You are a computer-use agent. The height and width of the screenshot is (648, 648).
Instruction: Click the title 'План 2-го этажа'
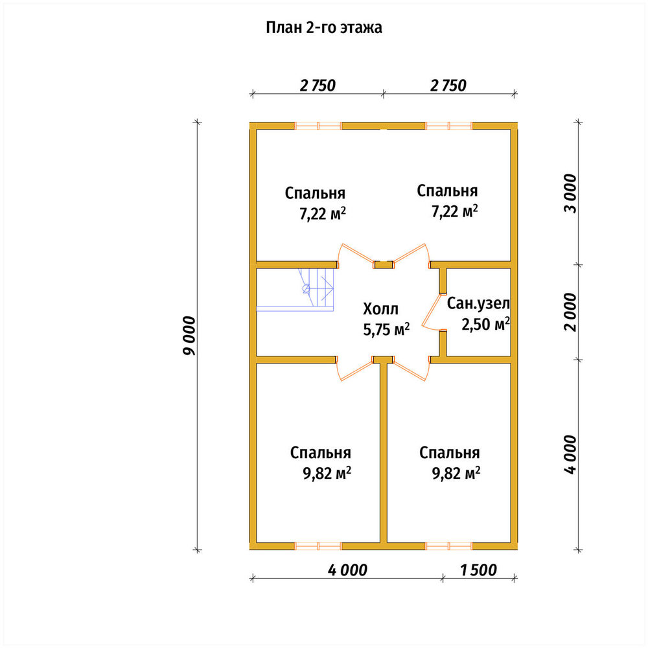tap(323, 28)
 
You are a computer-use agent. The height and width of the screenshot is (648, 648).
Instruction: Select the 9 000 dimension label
tap(189, 336)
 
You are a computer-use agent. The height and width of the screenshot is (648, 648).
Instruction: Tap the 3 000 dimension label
tap(570, 193)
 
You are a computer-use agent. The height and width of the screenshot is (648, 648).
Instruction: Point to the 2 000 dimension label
tap(570, 312)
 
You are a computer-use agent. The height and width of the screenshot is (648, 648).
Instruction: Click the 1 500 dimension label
tap(478, 570)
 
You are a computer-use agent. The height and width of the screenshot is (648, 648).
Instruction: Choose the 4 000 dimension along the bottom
tap(347, 570)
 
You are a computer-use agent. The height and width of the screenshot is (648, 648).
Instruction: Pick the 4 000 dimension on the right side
tap(570, 454)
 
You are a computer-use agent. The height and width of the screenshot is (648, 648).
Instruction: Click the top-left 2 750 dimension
tap(318, 86)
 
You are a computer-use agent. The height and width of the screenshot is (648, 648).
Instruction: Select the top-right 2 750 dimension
tap(448, 86)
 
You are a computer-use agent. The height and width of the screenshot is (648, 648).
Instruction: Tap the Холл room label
tap(380, 308)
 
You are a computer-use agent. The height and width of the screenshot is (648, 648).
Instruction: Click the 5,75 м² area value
tap(386, 329)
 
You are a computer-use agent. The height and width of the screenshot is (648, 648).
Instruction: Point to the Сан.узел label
tap(478, 304)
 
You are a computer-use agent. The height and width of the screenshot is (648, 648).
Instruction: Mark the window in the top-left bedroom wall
tap(318, 126)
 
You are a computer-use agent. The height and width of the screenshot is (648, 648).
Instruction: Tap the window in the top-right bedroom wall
tap(448, 126)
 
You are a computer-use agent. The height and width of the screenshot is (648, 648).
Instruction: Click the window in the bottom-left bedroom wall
tap(318, 546)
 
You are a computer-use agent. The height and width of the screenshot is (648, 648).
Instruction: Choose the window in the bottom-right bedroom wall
tap(448, 546)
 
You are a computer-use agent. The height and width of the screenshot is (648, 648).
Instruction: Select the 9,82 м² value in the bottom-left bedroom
tap(327, 473)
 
